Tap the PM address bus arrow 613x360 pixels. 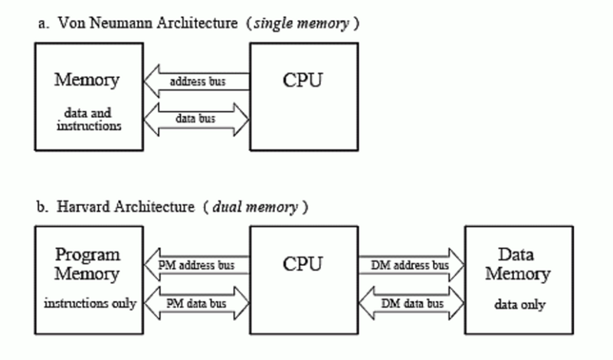point(197,266)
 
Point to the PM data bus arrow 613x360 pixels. point(197,303)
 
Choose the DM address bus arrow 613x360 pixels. point(413,266)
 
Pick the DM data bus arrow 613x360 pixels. point(413,303)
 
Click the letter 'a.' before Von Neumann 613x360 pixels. point(44,24)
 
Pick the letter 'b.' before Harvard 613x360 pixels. point(44,208)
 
